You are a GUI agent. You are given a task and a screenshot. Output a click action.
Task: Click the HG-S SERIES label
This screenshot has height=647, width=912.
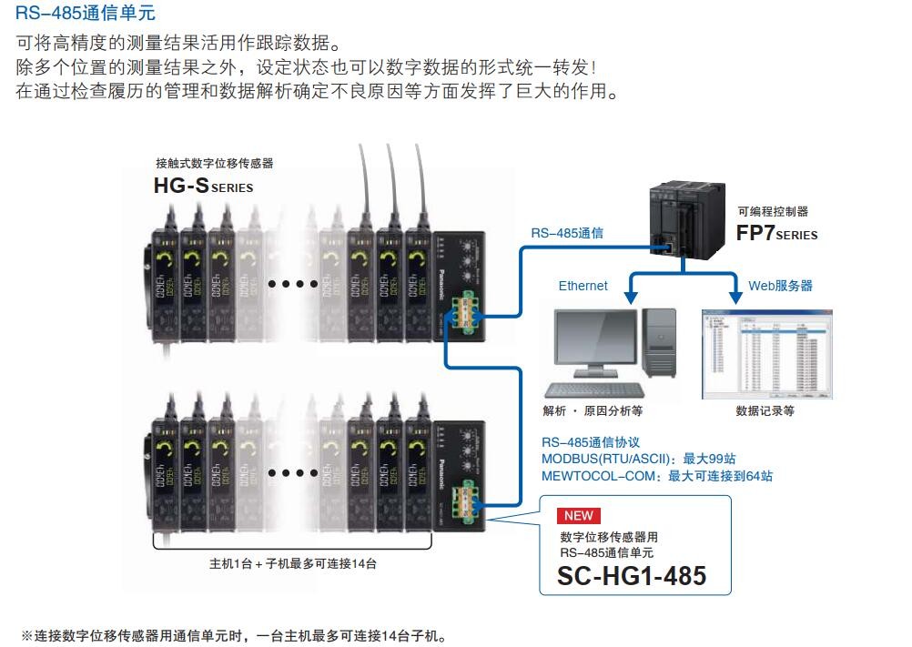click(203, 187)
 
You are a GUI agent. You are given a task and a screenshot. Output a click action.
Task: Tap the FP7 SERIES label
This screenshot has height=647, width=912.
click(776, 233)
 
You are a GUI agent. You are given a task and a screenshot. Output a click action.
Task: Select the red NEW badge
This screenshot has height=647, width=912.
click(578, 516)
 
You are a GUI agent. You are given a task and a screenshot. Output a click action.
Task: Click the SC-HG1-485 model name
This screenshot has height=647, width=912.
click(632, 575)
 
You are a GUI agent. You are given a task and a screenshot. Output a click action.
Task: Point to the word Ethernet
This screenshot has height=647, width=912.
click(583, 286)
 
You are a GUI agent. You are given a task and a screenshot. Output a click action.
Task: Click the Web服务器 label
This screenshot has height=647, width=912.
click(780, 286)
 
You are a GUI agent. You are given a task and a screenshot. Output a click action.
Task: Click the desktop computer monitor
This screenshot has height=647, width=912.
click(592, 344)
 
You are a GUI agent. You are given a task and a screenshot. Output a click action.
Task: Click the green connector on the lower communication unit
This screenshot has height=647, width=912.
click(472, 497)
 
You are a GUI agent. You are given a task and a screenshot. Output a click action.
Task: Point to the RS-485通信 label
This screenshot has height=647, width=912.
click(566, 233)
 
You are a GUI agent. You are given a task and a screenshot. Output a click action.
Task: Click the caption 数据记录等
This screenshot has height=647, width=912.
click(765, 410)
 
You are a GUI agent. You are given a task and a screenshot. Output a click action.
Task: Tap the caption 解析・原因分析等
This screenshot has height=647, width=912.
click(593, 410)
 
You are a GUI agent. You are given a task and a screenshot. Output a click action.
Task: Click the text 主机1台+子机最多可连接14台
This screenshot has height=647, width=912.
click(292, 563)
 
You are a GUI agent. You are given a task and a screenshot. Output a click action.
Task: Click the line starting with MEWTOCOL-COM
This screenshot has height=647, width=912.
click(656, 475)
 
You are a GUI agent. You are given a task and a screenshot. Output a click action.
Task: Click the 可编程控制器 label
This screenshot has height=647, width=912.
click(773, 211)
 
